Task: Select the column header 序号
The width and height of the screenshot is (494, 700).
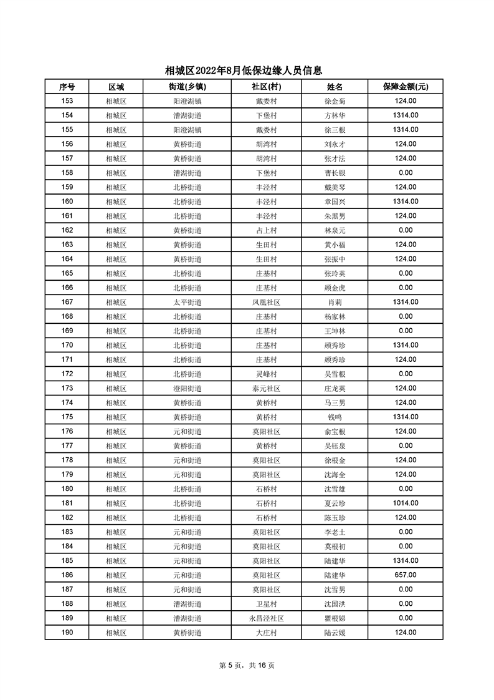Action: tap(67, 87)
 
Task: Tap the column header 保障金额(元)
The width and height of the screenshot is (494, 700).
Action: tap(406, 87)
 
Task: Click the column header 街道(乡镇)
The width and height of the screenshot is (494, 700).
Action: tap(187, 87)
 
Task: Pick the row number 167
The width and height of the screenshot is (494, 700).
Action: tap(67, 302)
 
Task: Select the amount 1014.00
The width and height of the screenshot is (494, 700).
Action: tap(406, 503)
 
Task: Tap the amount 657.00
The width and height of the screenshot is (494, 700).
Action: tap(406, 575)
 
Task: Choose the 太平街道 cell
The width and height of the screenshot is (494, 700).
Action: tap(187, 302)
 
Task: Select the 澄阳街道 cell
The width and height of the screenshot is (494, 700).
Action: tap(187, 388)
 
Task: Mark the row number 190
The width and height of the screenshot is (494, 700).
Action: tap(67, 632)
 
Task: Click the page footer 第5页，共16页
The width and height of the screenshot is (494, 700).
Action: tap(247, 665)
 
